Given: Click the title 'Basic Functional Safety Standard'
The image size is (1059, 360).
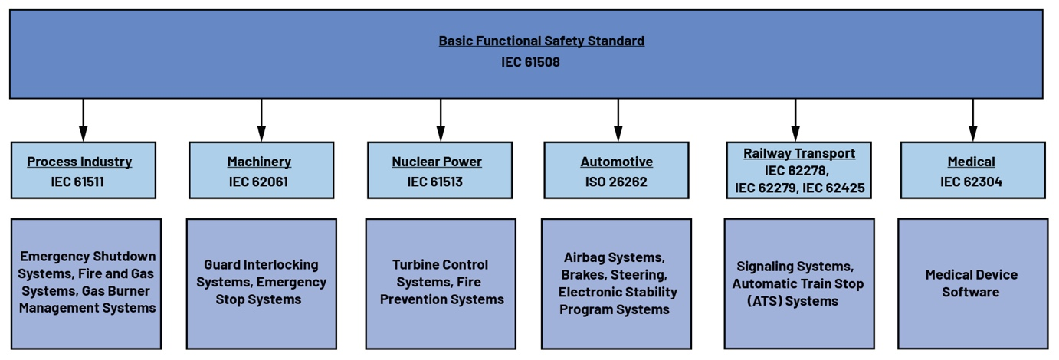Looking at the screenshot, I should click(541, 41).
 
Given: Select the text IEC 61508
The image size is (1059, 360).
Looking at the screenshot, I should click(530, 62).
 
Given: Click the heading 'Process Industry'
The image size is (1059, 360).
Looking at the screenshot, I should click(80, 162).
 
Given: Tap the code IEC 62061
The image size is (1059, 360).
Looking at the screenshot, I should click(259, 182).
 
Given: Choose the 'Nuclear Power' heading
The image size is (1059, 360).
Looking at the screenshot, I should click(437, 162).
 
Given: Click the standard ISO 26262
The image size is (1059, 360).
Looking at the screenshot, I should click(616, 182).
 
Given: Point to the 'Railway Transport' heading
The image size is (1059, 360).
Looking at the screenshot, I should click(799, 153).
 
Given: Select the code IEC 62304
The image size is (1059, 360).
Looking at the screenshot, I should click(971, 182).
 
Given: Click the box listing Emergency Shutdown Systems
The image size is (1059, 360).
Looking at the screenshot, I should click(87, 283).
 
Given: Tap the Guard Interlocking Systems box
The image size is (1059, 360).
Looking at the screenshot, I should click(261, 283).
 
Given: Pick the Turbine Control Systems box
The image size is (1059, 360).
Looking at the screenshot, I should click(441, 283).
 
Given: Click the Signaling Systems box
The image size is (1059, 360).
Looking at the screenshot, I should click(799, 283).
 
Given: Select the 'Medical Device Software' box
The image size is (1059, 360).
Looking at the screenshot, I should click(972, 283).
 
